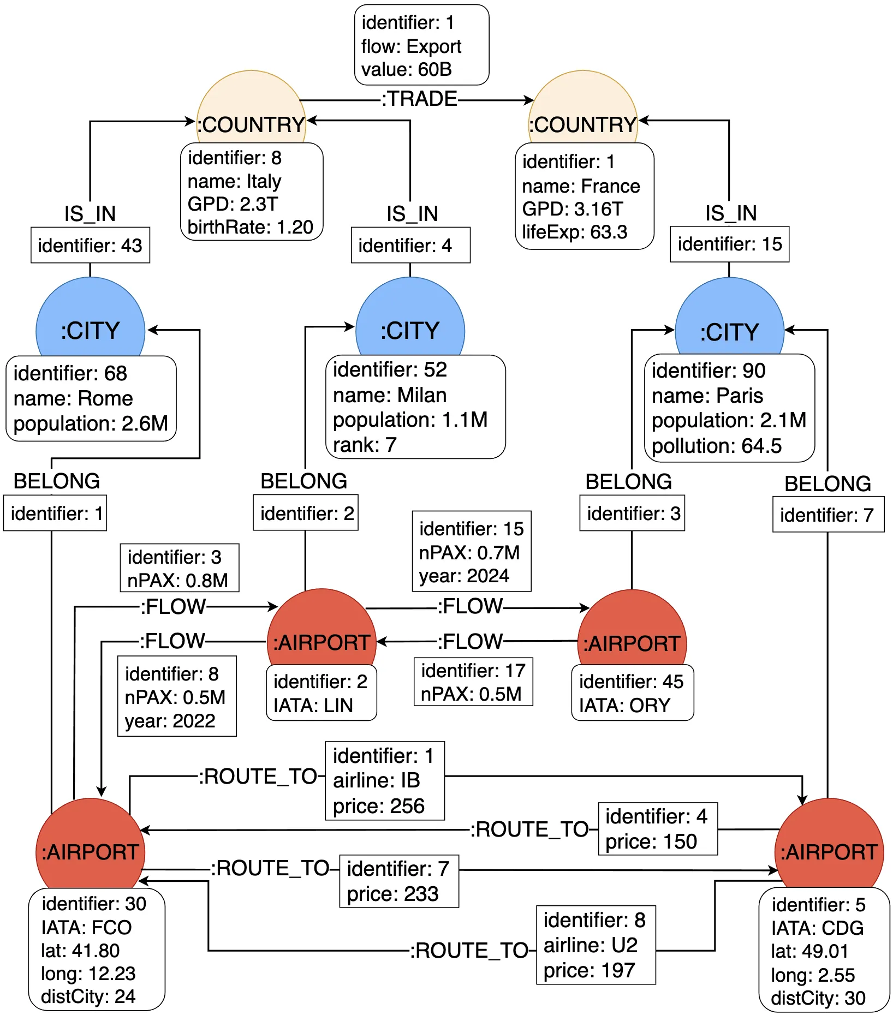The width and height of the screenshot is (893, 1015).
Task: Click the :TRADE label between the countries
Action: click(x=419, y=99)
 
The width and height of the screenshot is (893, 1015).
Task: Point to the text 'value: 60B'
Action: click(x=407, y=69)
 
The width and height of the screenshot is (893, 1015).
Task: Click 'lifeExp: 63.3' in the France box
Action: click(x=575, y=232)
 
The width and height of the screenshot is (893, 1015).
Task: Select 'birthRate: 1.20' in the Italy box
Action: click(x=250, y=227)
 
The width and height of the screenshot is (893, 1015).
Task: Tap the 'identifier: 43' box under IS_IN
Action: click(x=90, y=245)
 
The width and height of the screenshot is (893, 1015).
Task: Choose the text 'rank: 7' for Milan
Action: click(x=365, y=445)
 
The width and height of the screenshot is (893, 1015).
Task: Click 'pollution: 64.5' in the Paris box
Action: click(x=717, y=446)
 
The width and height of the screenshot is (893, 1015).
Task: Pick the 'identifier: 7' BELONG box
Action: click(x=827, y=515)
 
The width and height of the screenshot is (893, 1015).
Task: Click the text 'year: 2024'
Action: click(x=464, y=576)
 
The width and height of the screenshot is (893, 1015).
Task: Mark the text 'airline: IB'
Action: click(x=377, y=780)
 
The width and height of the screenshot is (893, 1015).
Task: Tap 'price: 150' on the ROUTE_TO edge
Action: click(x=651, y=841)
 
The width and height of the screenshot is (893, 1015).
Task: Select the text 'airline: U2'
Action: click(x=591, y=945)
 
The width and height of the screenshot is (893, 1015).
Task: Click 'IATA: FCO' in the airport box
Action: click(x=86, y=927)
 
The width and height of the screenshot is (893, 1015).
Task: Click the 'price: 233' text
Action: click(x=393, y=894)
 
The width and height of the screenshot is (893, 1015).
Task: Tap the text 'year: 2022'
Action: click(x=170, y=721)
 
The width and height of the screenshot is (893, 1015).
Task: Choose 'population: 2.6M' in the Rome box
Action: click(x=91, y=423)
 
